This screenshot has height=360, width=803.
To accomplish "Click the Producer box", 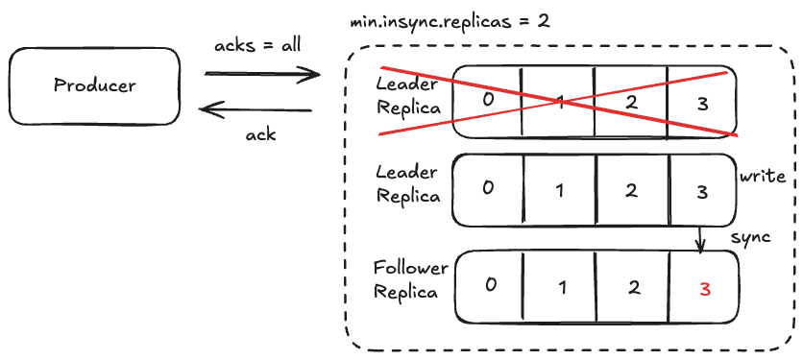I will (x=94, y=85).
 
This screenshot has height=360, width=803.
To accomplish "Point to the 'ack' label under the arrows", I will (x=260, y=134).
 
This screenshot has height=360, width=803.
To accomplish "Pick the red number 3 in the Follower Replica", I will (x=704, y=287).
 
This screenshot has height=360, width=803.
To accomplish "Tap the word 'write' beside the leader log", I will (x=763, y=177).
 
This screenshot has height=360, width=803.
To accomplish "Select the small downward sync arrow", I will (x=701, y=239).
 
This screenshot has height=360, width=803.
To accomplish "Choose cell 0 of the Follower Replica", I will (x=489, y=285).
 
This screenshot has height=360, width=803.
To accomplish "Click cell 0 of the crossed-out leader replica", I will (x=488, y=98).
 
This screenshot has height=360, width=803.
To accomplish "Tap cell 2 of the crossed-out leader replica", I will (x=630, y=100).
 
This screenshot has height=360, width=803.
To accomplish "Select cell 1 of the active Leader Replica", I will (x=560, y=189).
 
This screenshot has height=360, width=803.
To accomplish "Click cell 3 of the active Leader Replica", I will (x=702, y=190).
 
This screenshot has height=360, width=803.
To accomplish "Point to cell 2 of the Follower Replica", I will (x=630, y=286).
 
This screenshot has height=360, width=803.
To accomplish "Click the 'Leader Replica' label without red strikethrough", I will (x=407, y=184).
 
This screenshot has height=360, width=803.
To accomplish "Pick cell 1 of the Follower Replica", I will (x=560, y=286).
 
